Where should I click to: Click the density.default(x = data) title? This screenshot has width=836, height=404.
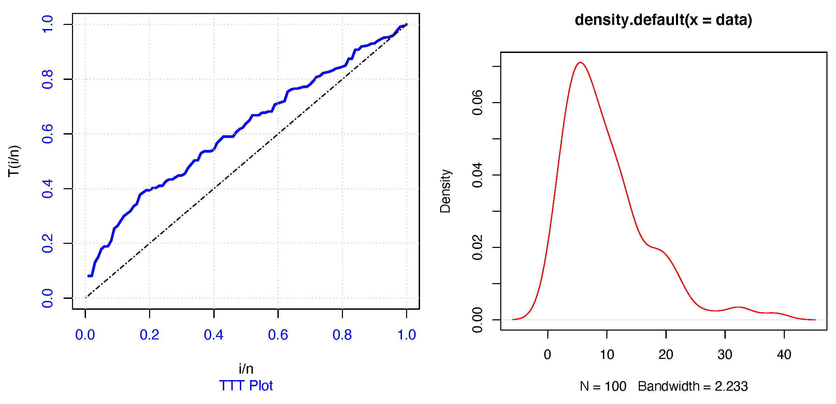pyautogui.click(x=663, y=20)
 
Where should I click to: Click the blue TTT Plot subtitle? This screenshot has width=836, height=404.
pyautogui.click(x=246, y=386)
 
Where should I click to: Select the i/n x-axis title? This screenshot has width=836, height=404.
pyautogui.click(x=246, y=369)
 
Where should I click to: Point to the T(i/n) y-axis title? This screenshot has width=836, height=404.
pyautogui.click(x=14, y=161)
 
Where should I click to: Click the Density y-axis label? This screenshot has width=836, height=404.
pyautogui.click(x=445, y=191)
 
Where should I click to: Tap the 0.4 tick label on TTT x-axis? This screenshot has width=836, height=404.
pyautogui.click(x=214, y=335)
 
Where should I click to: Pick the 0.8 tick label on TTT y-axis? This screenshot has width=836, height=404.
pyautogui.click(x=47, y=79)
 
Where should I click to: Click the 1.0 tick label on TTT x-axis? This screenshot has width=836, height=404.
pyautogui.click(x=406, y=335)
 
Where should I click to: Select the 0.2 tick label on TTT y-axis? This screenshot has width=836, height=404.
pyautogui.click(x=47, y=243)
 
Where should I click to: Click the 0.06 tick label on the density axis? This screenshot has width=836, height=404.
pyautogui.click(x=477, y=102)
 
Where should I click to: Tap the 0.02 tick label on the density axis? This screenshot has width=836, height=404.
pyautogui.click(x=477, y=247)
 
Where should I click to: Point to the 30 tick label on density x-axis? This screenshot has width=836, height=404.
pyautogui.click(x=725, y=355)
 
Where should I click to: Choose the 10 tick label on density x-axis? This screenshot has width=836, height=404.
pyautogui.click(x=607, y=355)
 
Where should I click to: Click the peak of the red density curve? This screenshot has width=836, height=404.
pyautogui.click(x=580, y=62)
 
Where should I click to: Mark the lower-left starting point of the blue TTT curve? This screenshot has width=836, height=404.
pyautogui.click(x=89, y=276)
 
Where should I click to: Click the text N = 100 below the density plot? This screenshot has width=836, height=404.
pyautogui.click(x=603, y=387)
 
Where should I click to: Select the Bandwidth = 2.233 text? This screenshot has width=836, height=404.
pyautogui.click(x=693, y=387)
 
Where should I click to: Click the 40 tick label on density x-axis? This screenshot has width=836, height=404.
pyautogui.click(x=784, y=355)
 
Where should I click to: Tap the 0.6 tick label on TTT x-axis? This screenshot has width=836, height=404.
pyautogui.click(x=278, y=335)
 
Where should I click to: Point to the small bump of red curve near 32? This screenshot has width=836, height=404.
pyautogui.click(x=738, y=307)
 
